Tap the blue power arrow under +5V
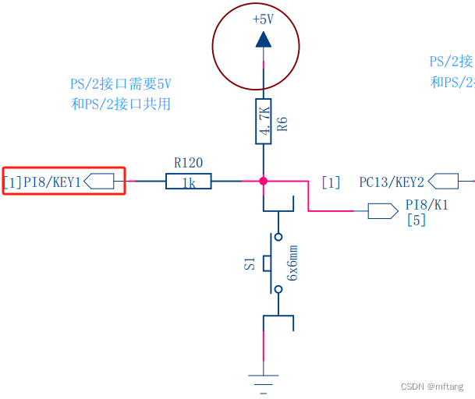263,39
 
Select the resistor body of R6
264,121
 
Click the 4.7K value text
264,122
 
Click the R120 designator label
188,163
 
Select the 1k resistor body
188,182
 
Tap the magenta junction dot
264,181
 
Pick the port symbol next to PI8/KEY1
99,182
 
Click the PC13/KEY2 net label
392,182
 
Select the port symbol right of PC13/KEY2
443,182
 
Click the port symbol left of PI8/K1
382,210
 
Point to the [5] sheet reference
417,221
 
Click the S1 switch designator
250,263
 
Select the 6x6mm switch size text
292,263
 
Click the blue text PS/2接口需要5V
120,83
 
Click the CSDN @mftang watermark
432,387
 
